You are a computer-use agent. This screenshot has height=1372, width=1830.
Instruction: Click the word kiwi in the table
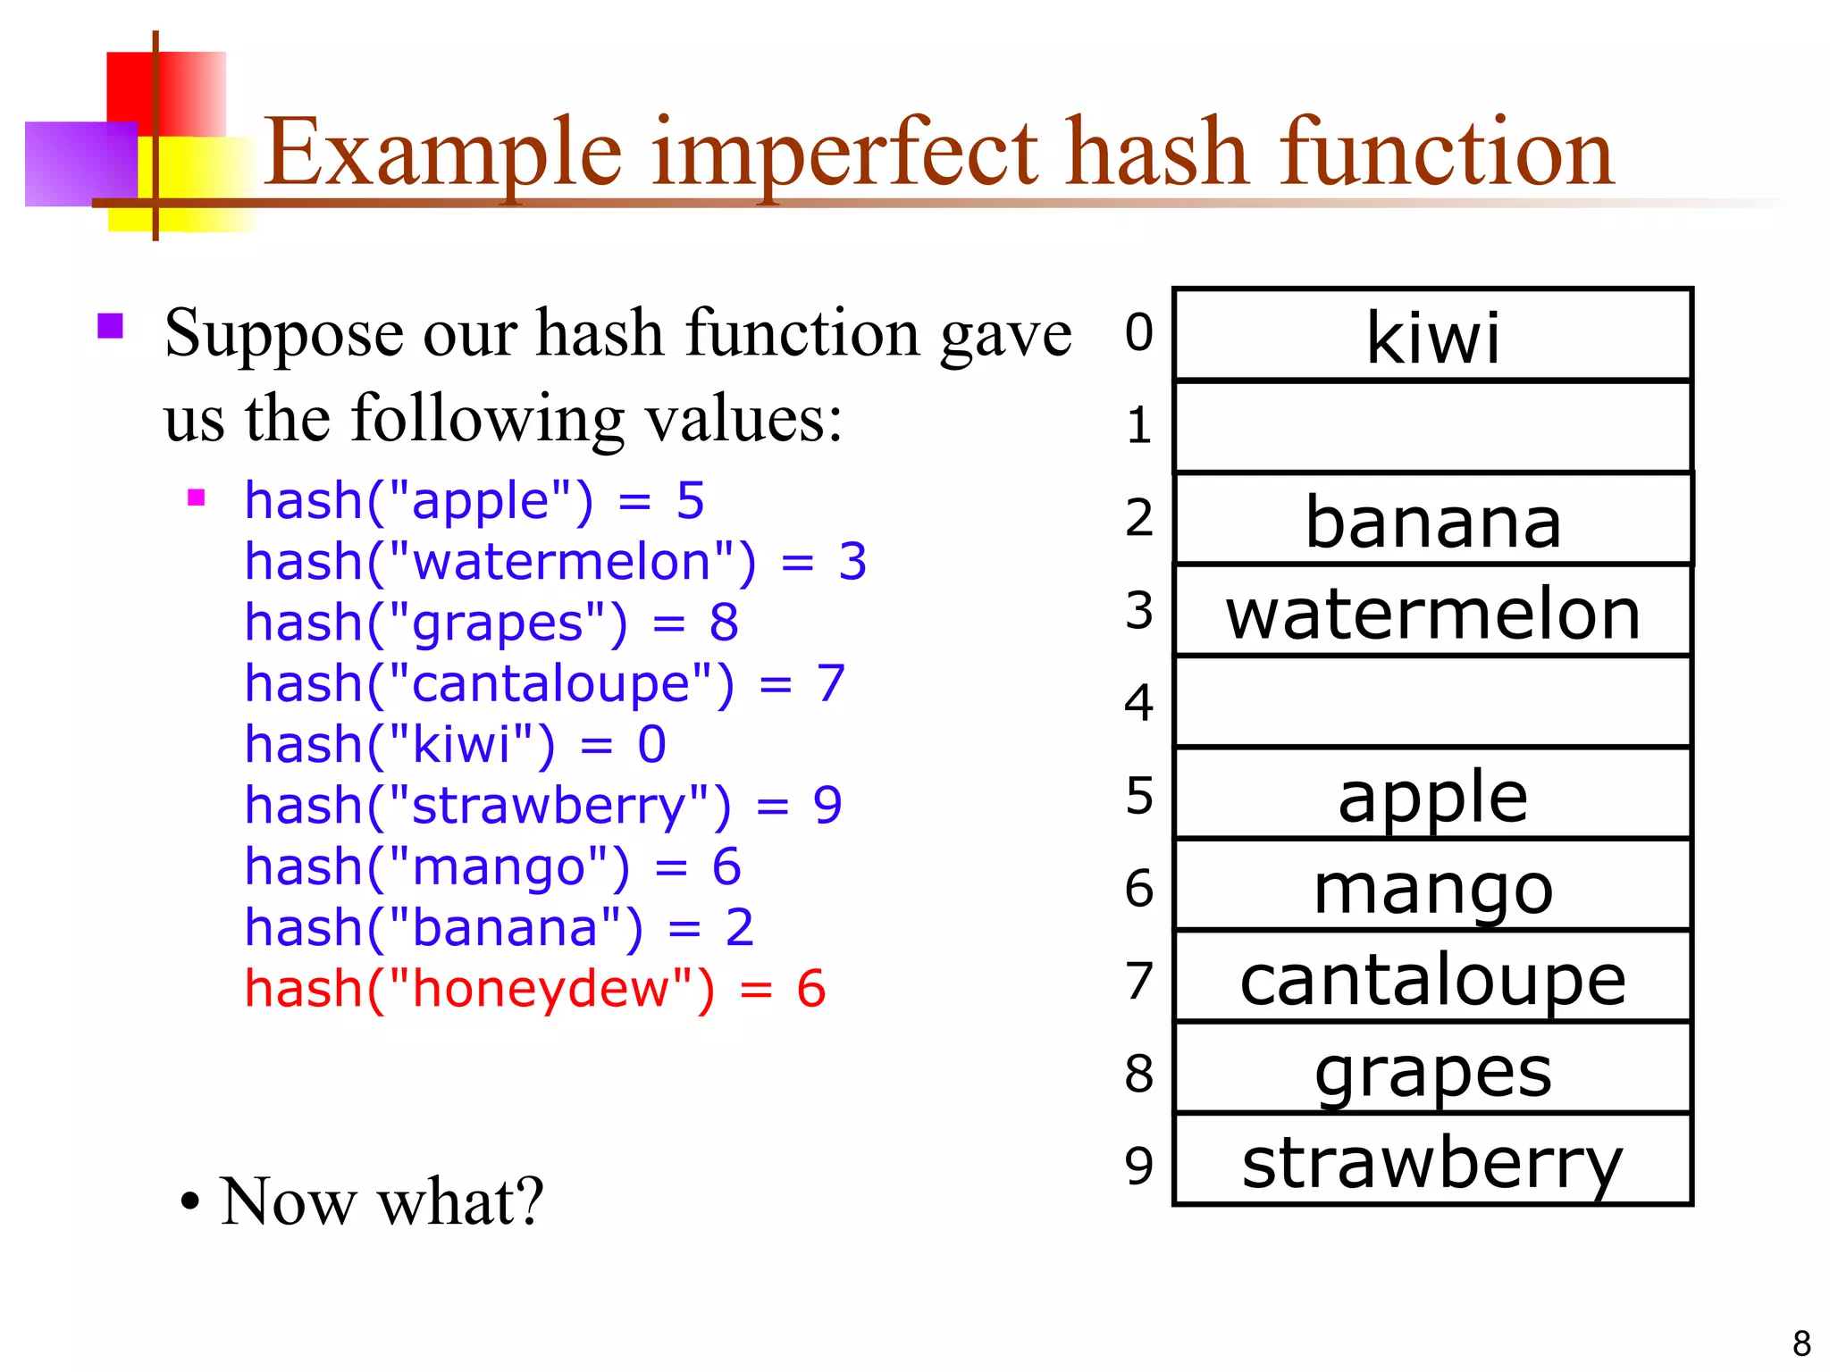point(1432,338)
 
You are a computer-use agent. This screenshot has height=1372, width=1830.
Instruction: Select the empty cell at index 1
point(1432,427)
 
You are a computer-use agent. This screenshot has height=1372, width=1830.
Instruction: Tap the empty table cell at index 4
point(1432,702)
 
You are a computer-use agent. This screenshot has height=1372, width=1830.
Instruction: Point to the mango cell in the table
point(1432,888)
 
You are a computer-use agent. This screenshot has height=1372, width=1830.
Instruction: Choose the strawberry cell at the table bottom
point(1432,1163)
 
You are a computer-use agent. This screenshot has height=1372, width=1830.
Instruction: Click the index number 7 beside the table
point(1139,981)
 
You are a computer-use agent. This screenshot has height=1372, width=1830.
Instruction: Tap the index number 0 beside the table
point(1139,332)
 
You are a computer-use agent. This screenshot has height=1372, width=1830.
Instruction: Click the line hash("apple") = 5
point(474,500)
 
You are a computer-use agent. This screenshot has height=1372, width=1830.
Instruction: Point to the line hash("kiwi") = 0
point(456,744)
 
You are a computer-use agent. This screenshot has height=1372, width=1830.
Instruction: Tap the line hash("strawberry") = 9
point(543,806)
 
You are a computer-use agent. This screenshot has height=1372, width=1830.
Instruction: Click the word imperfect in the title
point(844,154)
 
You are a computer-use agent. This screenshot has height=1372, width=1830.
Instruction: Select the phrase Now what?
point(381,1201)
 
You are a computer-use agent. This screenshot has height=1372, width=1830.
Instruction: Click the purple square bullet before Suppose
point(110,325)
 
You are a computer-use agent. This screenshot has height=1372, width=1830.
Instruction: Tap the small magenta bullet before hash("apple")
point(197,498)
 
